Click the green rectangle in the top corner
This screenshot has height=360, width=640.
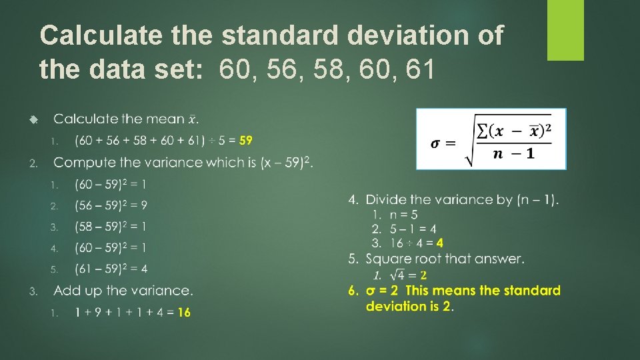(565, 29)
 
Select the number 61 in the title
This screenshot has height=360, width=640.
(420, 68)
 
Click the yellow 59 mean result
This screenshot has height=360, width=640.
(245, 141)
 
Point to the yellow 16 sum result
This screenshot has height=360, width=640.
(184, 312)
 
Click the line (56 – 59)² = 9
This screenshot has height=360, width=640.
(111, 205)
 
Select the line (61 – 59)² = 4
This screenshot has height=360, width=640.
(111, 269)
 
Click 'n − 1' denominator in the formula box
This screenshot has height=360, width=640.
(513, 154)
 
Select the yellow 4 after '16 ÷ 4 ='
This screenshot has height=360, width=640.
(440, 243)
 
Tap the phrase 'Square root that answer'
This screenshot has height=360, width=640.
(445, 259)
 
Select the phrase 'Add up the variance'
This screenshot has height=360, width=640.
(123, 291)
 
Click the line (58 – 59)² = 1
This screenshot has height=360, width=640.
(111, 227)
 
